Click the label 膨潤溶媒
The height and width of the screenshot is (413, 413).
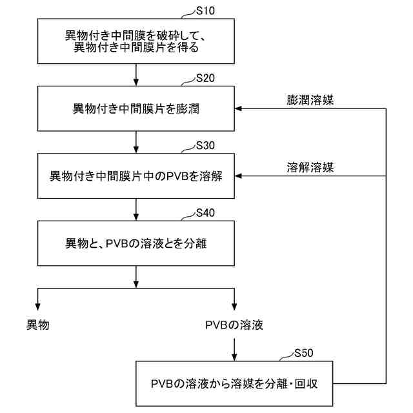[x=310, y=100]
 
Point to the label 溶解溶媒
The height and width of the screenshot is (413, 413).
[x=310, y=167]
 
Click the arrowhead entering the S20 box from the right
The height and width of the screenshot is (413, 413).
[x=239, y=108]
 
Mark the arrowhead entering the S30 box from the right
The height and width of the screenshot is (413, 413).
[x=239, y=175]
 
